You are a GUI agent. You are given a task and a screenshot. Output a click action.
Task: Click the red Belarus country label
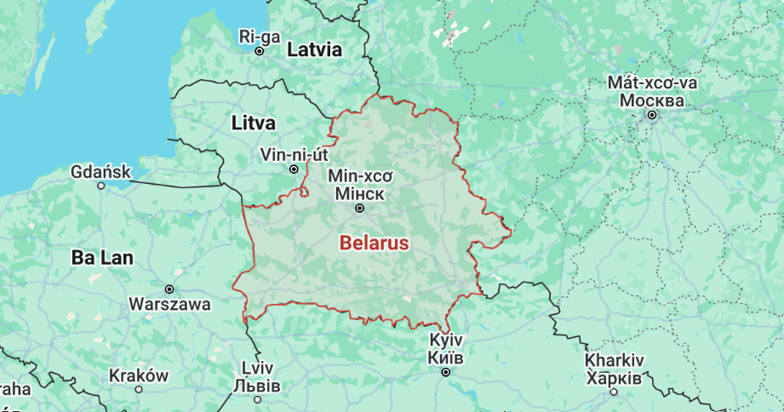tap(374, 243)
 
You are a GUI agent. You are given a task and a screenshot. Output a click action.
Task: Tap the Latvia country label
tap(314, 50)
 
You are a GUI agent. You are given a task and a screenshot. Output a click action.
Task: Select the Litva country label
tap(254, 123)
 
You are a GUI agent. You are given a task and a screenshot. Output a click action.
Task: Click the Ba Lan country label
tap(102, 258)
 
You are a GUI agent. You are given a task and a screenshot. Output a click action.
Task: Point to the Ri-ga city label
tap(259, 36)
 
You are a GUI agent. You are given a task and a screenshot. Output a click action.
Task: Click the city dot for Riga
tap(260, 51)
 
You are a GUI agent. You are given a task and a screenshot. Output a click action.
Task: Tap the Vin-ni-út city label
tap(295, 155)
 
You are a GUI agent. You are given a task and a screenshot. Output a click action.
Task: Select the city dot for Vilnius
tap(295, 169)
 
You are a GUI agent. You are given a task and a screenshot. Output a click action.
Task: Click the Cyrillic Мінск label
tap(360, 192)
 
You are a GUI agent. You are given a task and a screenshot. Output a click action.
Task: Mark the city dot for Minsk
tap(360, 208)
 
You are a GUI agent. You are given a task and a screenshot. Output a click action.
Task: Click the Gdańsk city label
tap(100, 172)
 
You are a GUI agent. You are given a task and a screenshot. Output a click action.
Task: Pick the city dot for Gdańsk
tap(101, 186)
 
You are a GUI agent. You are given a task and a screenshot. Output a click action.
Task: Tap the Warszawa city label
tap(169, 304)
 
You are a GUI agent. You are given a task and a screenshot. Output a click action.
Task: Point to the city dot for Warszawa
tap(169, 289)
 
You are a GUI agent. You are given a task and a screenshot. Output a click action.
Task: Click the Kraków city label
tap(139, 375)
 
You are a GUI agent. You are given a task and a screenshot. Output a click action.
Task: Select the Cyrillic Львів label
tap(256, 386)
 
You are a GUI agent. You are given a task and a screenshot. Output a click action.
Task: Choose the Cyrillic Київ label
tap(446, 357)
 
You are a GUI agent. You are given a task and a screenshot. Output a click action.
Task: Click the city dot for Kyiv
tap(446, 372)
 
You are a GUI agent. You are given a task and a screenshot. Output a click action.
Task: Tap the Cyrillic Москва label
tap(652, 100)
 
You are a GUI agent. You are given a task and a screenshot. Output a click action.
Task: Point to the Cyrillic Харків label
tap(614, 377)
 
